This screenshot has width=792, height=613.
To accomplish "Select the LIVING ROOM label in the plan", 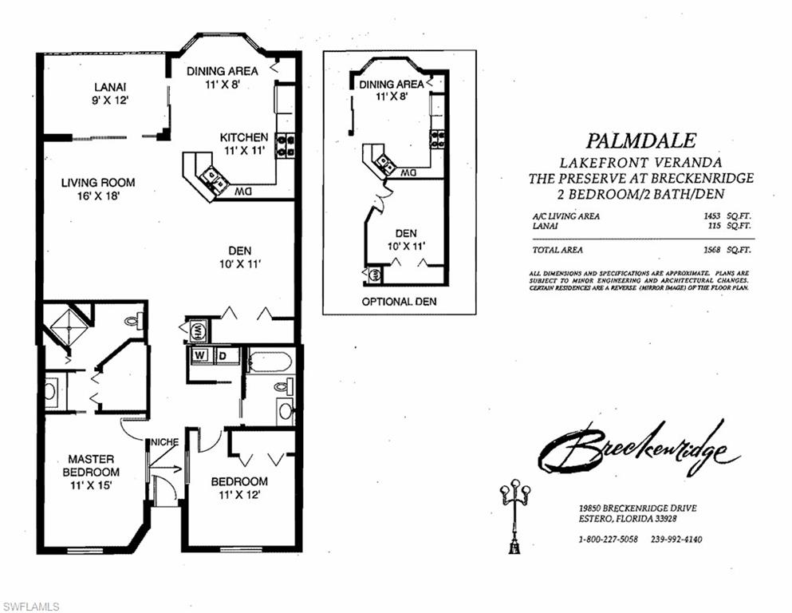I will point(98,188).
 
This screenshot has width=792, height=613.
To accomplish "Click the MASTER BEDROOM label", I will point(90,472).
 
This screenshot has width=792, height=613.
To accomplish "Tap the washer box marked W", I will point(201,355).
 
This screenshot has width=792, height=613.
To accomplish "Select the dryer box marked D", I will point(226,355).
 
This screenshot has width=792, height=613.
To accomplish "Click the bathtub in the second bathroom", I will point(270,362).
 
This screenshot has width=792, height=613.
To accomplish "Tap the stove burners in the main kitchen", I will point(285,145).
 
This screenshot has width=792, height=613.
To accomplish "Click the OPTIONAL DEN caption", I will point(399,302).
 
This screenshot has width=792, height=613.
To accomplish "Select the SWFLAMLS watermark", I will point(31,607).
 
